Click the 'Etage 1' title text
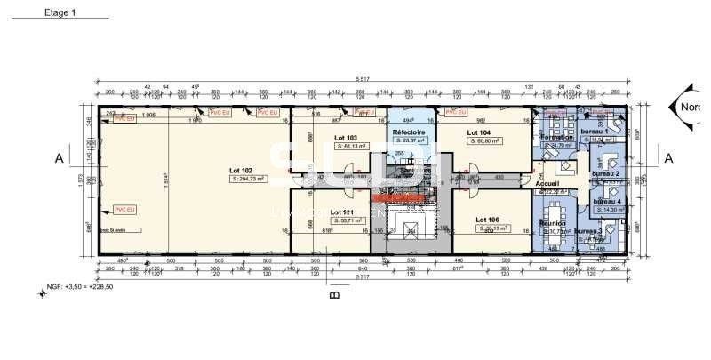(60, 13)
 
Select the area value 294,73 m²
(219, 179)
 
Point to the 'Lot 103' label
(346, 138)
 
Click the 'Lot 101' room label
(343, 212)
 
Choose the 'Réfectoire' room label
(410, 131)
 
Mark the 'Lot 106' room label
(487, 219)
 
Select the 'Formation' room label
(555, 138)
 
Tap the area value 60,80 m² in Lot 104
(484, 140)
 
